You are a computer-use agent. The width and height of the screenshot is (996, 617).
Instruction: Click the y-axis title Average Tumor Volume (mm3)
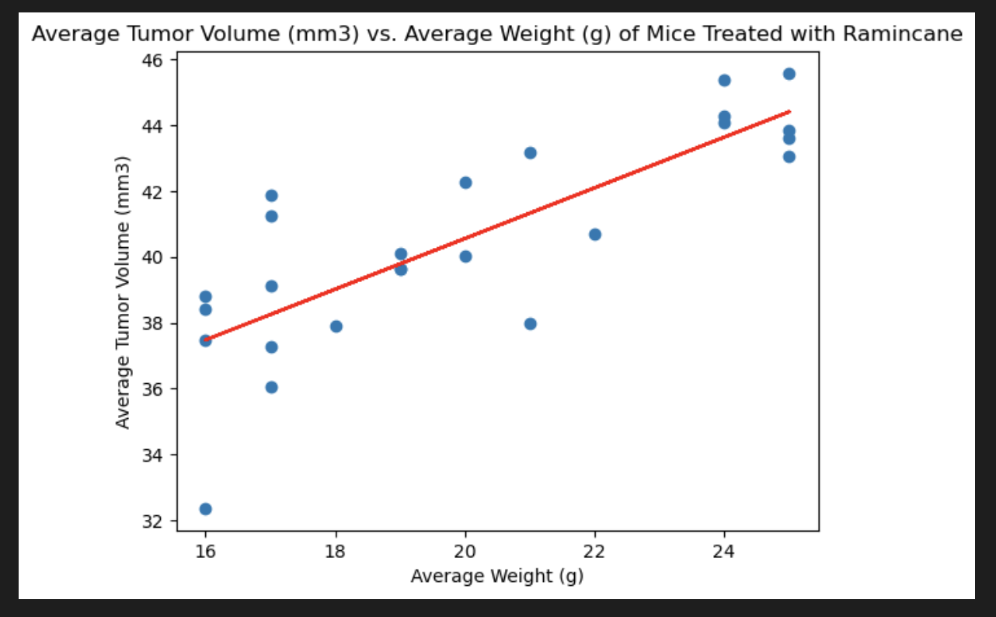pyautogui.click(x=123, y=292)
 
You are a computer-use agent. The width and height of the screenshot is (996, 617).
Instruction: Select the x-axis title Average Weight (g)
pyautogui.click(x=497, y=576)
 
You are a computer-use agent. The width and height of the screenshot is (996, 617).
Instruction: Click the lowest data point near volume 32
pyautogui.click(x=206, y=509)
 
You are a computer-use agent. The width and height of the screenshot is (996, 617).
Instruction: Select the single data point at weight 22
pyautogui.click(x=595, y=235)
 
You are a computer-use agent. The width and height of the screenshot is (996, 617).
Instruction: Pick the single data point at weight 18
pyautogui.click(x=336, y=326)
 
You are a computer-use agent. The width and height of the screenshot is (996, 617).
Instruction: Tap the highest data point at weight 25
pyautogui.click(x=789, y=74)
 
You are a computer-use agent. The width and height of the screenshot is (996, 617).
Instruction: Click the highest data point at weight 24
pyautogui.click(x=724, y=80)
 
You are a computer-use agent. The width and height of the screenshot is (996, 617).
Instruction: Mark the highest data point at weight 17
pyautogui.click(x=271, y=196)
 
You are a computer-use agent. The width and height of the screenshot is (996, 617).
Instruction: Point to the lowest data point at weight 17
pyautogui.click(x=271, y=387)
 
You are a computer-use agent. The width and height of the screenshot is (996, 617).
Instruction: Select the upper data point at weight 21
pyautogui.click(x=530, y=153)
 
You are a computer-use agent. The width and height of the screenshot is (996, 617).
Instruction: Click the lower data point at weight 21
pyautogui.click(x=530, y=324)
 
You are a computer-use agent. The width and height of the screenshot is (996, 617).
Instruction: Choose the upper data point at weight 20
pyautogui.click(x=465, y=183)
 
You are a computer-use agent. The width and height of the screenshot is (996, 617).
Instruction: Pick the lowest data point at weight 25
pyautogui.click(x=789, y=157)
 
